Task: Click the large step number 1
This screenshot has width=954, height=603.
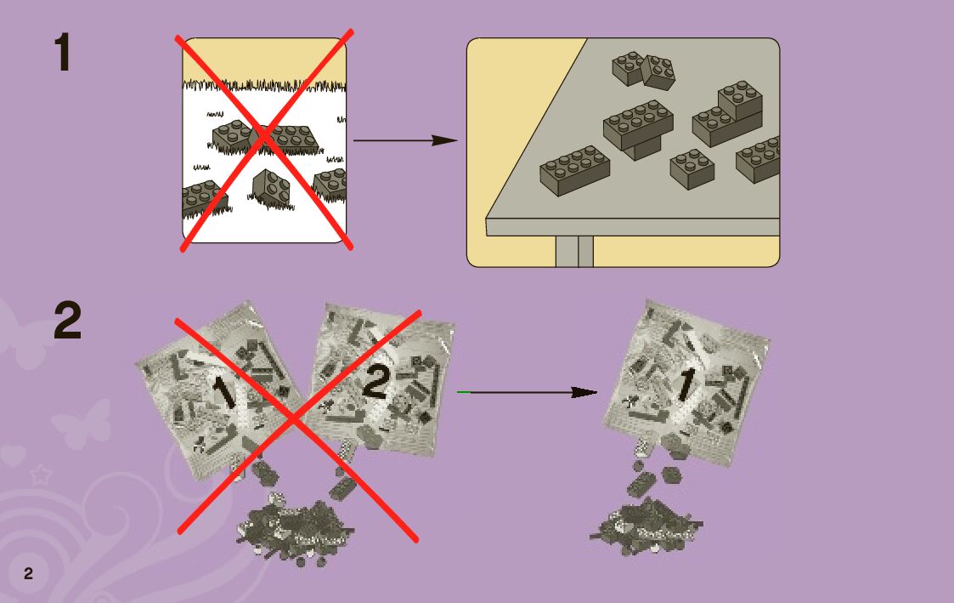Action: (x=63, y=53)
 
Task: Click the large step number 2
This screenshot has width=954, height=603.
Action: (x=68, y=321)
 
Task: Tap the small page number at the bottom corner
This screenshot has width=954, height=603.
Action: (x=28, y=573)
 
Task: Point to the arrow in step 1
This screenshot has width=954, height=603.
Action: (x=404, y=140)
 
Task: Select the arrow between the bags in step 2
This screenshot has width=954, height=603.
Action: (x=527, y=392)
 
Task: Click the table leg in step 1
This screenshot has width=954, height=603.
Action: (x=574, y=251)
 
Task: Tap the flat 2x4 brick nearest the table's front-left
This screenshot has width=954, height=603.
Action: (x=575, y=170)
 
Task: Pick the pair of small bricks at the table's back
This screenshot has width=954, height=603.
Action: (x=644, y=70)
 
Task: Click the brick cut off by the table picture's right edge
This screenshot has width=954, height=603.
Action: (x=759, y=159)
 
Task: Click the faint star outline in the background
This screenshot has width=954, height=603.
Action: (x=40, y=475)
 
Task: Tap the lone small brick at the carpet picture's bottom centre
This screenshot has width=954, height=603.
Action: (x=271, y=188)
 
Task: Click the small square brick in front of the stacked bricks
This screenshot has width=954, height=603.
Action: (x=692, y=168)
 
